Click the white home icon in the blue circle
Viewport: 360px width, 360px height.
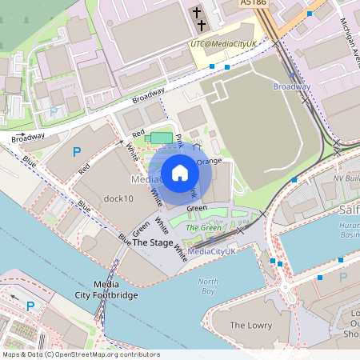click(180, 173)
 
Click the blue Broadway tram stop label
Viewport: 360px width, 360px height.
click(291, 86)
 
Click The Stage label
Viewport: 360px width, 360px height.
click(152, 242)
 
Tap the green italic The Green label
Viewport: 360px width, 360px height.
click(203, 228)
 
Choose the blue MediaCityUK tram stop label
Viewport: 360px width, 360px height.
click(206, 251)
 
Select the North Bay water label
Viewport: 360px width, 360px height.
click(208, 286)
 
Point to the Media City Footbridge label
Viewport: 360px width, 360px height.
click(115, 290)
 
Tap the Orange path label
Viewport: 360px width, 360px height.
click(209, 161)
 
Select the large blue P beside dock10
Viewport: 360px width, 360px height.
click(78, 152)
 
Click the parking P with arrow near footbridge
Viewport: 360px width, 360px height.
click(30, 306)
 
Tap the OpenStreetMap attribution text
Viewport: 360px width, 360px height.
click(80, 354)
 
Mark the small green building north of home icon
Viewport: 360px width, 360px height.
click(162, 138)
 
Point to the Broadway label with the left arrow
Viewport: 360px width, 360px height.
click(28, 137)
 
